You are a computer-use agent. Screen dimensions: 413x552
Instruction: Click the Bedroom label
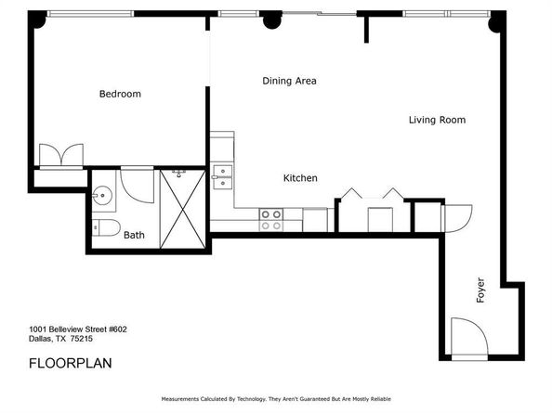click(x=120, y=94)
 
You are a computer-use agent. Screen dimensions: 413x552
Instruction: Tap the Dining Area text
click(x=289, y=81)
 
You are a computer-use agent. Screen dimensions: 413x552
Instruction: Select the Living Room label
click(x=437, y=120)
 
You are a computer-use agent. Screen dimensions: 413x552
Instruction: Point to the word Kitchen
click(x=300, y=177)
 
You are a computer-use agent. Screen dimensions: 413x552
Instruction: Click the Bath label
click(x=134, y=236)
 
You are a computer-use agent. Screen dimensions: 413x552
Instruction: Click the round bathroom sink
click(x=102, y=196)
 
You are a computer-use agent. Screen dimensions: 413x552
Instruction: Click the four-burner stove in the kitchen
click(x=270, y=219)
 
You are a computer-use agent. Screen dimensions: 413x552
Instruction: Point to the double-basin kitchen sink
click(x=221, y=175)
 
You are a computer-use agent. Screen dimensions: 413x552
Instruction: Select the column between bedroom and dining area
click(x=270, y=19)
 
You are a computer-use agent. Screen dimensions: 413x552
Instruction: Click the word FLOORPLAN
click(x=70, y=363)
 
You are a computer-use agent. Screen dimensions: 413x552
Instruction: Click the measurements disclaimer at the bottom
click(x=276, y=399)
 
